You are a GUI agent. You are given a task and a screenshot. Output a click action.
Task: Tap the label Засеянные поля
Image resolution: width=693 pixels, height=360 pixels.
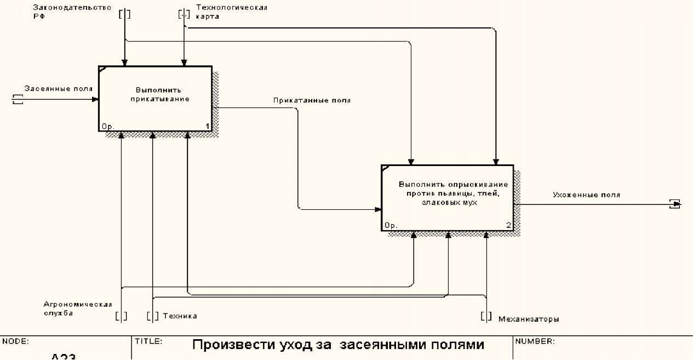click(58, 88)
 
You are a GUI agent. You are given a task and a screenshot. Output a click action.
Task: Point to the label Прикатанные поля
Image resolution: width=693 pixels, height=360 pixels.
click(312, 101)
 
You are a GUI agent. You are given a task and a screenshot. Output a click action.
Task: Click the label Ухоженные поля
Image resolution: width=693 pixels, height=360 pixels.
click(586, 195)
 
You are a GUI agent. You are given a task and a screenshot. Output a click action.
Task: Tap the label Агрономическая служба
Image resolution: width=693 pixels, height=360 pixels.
click(78, 309)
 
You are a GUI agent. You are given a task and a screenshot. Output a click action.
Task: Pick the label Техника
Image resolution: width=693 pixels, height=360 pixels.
click(180, 316)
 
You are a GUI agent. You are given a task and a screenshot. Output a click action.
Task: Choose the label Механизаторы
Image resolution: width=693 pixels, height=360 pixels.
click(529, 319)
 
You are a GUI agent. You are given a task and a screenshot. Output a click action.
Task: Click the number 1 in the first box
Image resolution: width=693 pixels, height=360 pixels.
click(208, 127)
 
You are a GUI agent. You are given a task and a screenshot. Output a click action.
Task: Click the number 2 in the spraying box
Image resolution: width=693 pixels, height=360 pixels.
click(508, 225)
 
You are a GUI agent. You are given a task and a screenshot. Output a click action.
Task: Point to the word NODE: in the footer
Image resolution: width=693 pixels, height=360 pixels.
click(16, 341)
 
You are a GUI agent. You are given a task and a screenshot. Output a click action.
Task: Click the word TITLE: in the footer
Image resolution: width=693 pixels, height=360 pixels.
click(148, 341)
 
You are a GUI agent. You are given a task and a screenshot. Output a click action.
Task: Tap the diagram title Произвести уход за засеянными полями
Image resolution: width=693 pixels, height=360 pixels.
click(338, 345)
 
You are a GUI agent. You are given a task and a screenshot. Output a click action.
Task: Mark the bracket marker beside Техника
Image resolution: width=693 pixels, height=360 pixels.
click(153, 316)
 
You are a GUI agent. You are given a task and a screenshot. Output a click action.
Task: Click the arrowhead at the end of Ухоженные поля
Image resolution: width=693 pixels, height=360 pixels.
click(677, 204)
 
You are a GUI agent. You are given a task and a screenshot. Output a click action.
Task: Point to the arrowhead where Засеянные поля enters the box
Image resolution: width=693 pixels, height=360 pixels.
click(96, 99)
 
